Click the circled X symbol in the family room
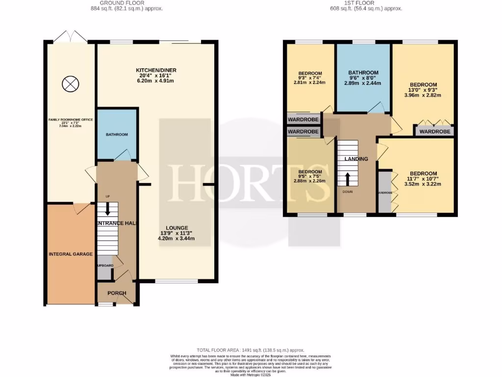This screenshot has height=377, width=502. click(70, 84)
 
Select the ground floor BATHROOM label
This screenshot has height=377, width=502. click(117, 135)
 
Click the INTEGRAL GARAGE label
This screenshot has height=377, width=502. click(71, 254)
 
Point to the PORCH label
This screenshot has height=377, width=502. click(116, 293)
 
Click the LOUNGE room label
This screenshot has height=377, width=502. click(176, 228)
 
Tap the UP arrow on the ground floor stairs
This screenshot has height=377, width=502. click(107, 210)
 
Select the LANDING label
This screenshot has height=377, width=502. click(356, 159)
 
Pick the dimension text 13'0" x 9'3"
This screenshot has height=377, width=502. click(423, 90)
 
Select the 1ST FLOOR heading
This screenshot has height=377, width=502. click(359, 3)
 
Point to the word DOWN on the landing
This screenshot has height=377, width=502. click(348, 191)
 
